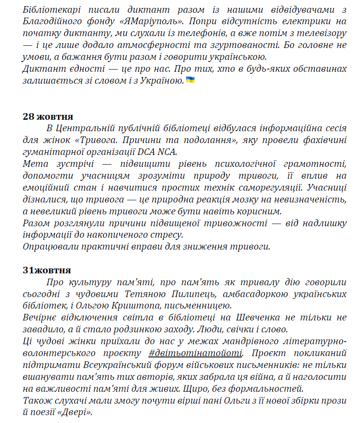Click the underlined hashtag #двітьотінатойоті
[x=195, y=353]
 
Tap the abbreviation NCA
[x=165, y=152]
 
